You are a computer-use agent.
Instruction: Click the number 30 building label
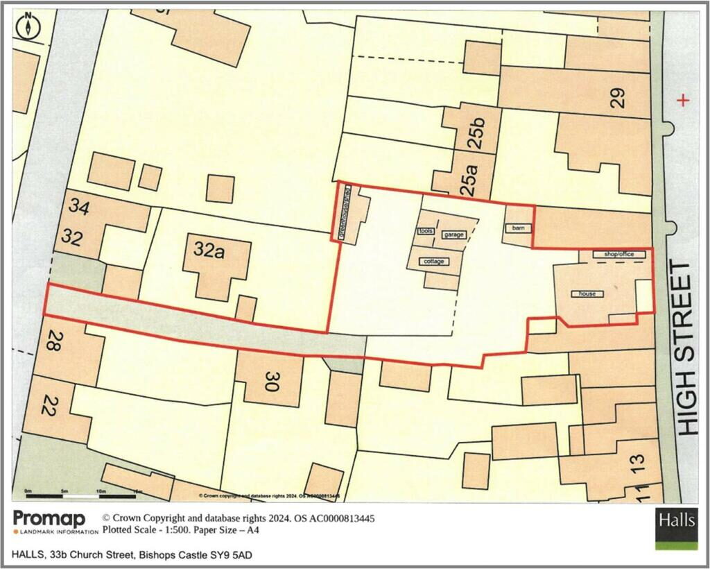271,380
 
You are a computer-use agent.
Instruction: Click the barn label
517,228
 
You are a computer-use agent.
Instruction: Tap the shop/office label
619,255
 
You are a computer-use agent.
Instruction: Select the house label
587,294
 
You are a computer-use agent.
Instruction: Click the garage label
453,235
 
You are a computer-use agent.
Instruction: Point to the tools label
425,231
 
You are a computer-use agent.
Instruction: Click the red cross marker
684,101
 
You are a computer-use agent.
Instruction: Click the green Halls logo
676,529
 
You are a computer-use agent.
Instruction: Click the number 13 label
637,459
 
